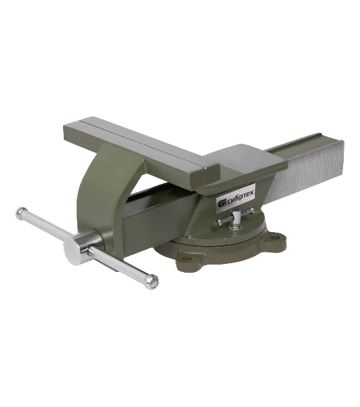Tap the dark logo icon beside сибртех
tap(222, 203)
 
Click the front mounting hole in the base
tap(186, 258)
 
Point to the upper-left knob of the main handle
tap(22, 212)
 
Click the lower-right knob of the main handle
tap(153, 282)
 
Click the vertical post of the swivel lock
tap(236, 218)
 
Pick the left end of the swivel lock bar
tap(218, 222)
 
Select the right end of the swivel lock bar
tap(252, 210)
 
